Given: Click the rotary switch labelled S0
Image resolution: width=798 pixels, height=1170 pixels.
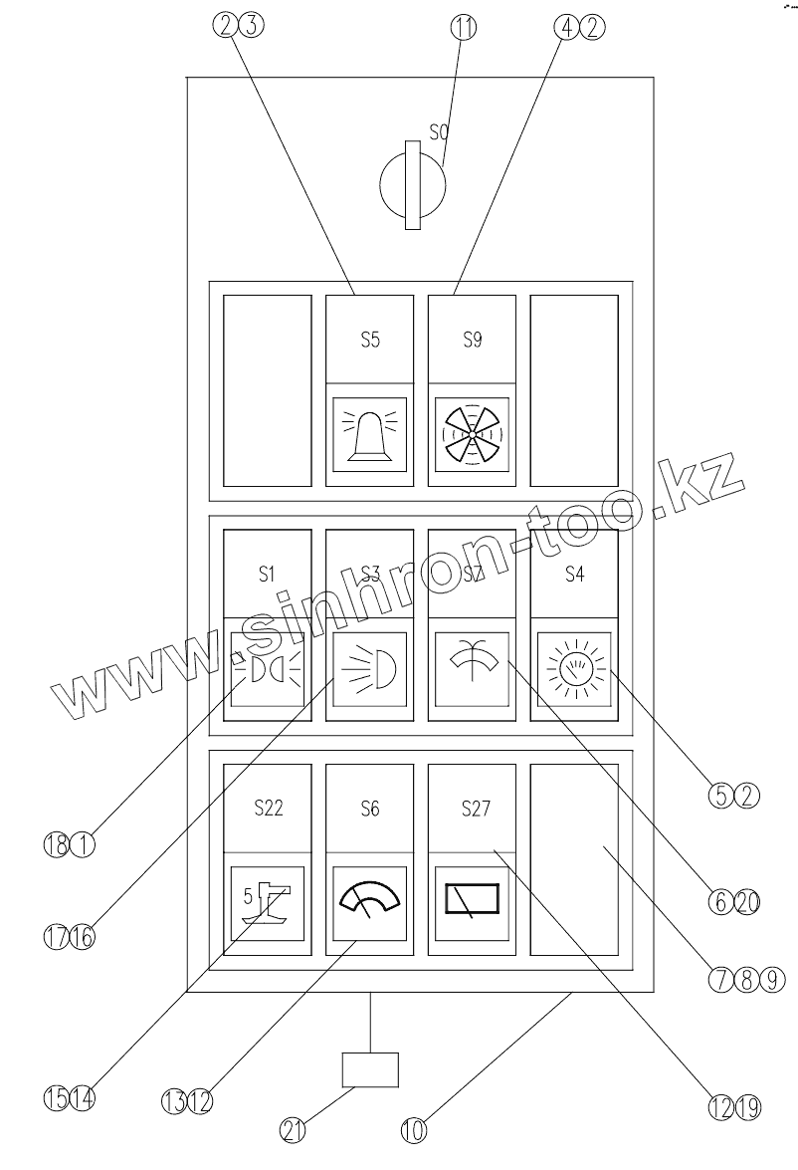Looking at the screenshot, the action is pos(414,185).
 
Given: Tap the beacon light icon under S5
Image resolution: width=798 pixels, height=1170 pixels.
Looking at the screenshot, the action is pos(369,434).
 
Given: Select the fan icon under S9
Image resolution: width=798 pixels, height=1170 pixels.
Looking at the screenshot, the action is pos(472,434).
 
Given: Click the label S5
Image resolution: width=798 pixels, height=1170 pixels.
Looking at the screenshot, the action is pos(369,340).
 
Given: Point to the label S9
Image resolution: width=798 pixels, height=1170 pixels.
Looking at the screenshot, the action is pos(472,340).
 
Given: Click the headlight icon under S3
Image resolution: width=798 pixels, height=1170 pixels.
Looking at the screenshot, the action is pos(369,668).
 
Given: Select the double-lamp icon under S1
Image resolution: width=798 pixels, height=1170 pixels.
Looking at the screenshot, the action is pos(267,668).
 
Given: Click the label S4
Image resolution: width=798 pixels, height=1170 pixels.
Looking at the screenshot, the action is pos(574,574).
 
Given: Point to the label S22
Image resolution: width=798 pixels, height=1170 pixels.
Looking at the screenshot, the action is pos(267,809).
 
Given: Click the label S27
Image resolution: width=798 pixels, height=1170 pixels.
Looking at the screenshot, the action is pos(476,809).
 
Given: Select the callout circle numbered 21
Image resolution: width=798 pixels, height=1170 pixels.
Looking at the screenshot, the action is pos(293,1130).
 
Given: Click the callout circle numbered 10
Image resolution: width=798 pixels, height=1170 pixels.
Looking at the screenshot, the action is pos(414,1130).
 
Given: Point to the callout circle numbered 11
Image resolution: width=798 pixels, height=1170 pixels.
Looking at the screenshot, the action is pos(463,28).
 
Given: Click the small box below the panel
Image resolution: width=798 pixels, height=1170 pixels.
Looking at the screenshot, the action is pos(369,1070).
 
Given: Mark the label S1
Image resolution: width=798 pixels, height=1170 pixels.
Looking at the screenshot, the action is pos(267,574).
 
